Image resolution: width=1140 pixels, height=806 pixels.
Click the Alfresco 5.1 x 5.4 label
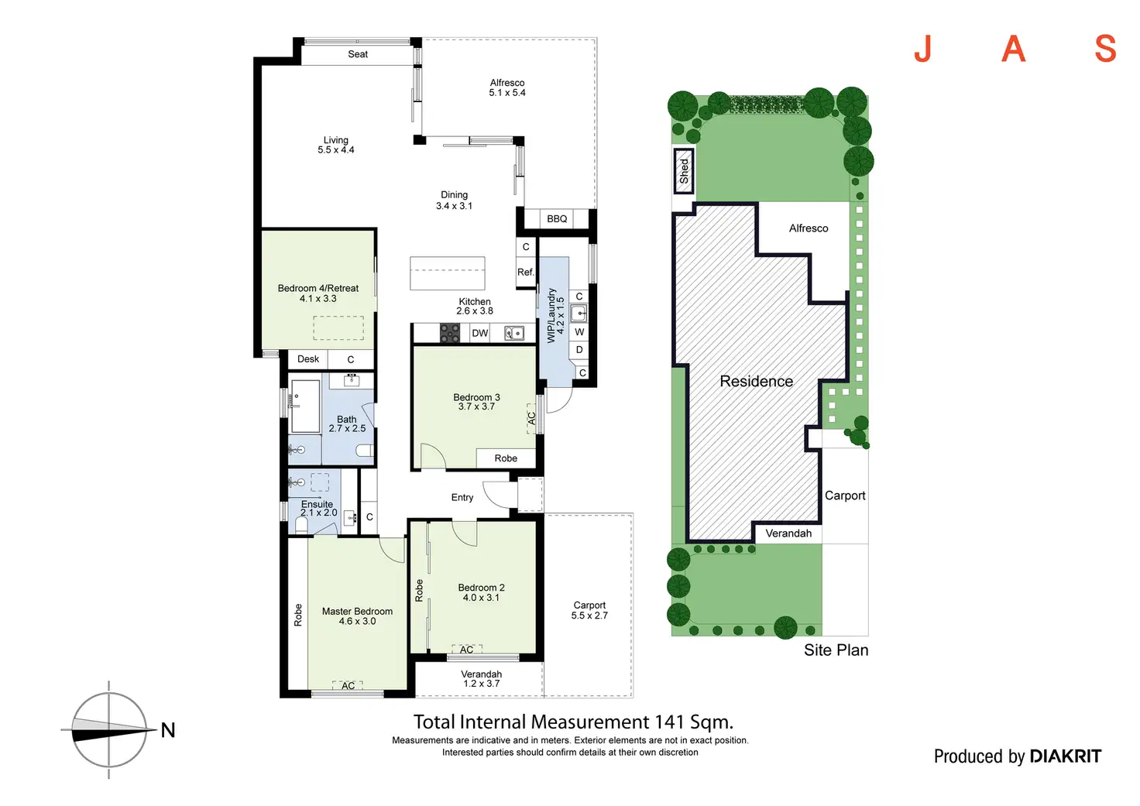tap(507, 87)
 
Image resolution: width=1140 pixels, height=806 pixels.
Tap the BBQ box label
tap(557, 219)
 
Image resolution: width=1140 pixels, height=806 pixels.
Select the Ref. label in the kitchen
tap(526, 272)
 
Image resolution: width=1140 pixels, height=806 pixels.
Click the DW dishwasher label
tap(480, 333)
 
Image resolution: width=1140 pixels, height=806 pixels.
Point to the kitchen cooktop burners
tap(450, 333)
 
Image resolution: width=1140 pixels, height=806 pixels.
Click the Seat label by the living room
tap(358, 54)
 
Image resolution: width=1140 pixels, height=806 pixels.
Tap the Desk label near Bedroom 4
tap(308, 359)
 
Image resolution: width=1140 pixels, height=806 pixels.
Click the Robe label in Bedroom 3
tap(506, 458)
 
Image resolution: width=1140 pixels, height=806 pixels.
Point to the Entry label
tap(462, 498)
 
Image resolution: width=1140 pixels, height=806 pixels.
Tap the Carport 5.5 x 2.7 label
tap(589, 610)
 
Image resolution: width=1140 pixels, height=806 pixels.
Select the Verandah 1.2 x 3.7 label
tap(481, 679)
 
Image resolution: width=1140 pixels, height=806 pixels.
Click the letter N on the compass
tap(168, 730)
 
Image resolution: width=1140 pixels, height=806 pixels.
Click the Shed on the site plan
tap(684, 170)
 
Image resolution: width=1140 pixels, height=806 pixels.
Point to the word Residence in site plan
tap(756, 382)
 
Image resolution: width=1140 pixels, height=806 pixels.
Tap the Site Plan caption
tap(836, 650)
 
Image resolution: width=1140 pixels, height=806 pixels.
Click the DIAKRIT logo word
tap(1065, 756)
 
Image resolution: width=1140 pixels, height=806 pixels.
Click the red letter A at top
tap(1013, 50)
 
